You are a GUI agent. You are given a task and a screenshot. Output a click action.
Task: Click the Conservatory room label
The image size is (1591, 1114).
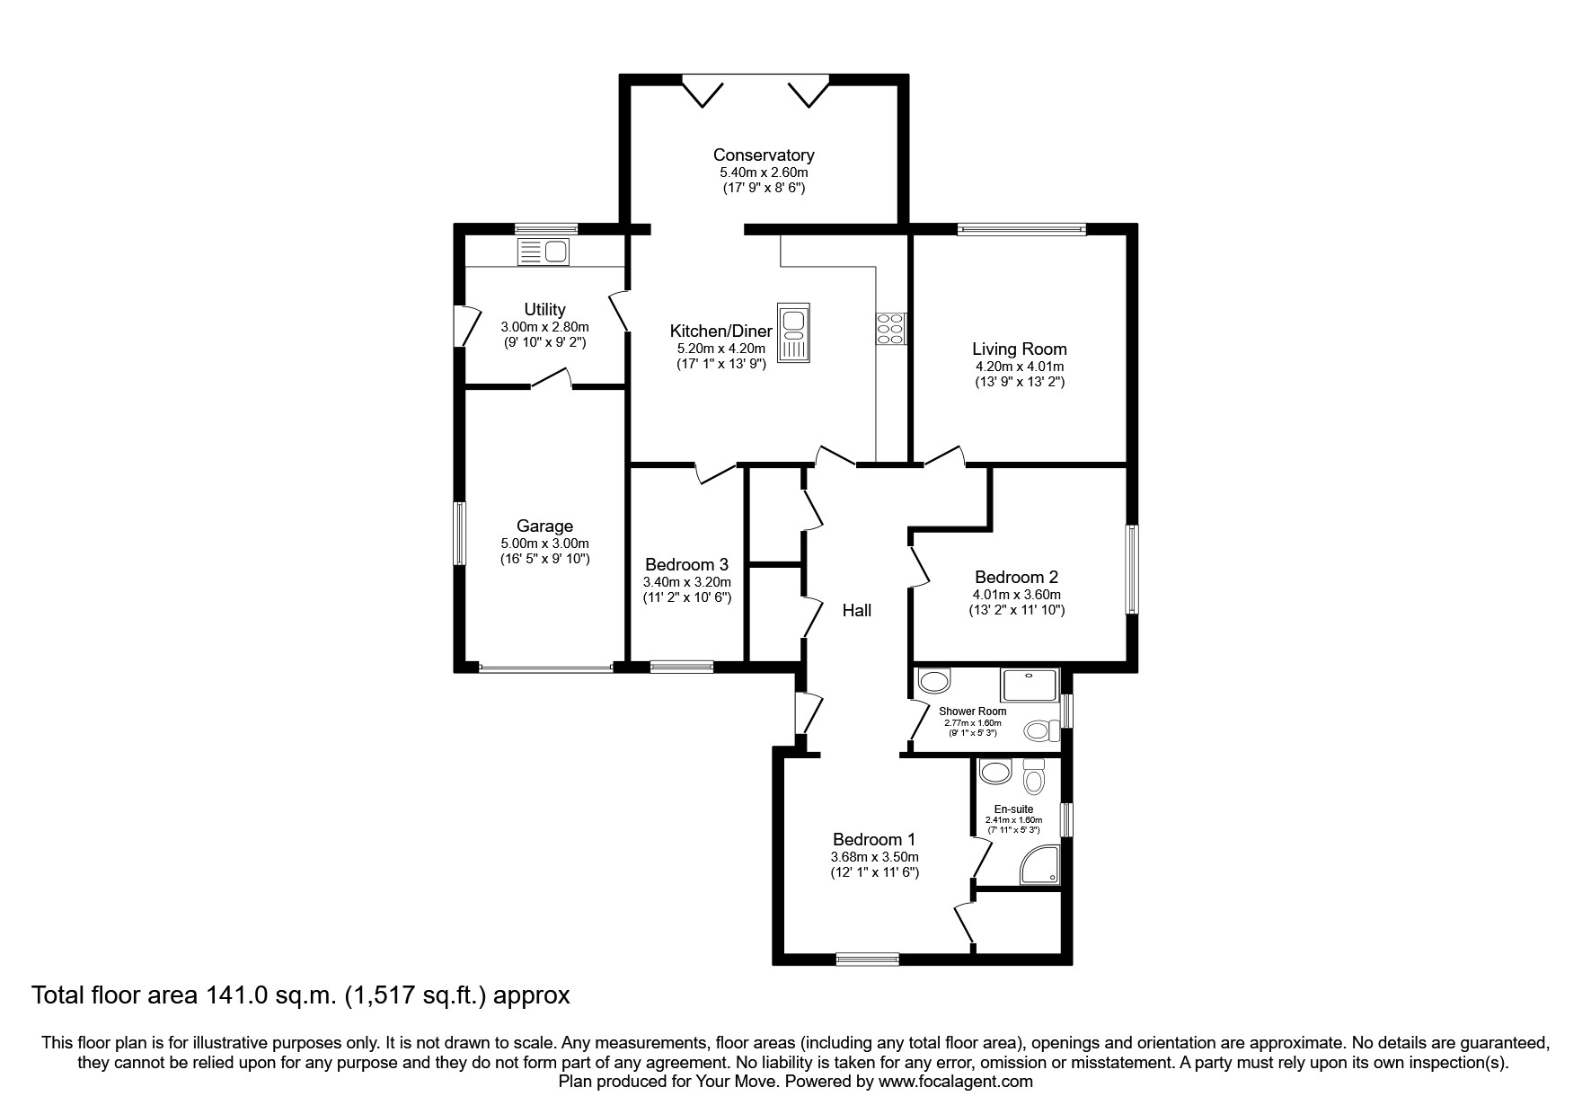point(764,155)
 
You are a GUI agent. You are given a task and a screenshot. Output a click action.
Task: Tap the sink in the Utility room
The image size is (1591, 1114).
point(544,252)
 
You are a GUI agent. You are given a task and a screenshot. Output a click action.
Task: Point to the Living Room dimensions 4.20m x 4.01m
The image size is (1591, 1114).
point(1020,367)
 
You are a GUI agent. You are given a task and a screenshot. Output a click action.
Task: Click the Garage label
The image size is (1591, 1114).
point(544,526)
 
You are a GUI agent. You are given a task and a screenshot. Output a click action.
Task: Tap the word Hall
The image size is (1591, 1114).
point(856,611)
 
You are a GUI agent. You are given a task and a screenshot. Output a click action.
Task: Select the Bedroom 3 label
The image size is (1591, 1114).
point(686,565)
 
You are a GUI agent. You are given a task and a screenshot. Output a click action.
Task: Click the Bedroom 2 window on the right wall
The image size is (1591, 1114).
point(1132,570)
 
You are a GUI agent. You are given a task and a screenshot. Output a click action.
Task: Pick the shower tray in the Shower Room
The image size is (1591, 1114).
point(1030,685)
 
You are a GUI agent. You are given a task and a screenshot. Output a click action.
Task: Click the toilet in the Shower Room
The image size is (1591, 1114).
point(1041,730)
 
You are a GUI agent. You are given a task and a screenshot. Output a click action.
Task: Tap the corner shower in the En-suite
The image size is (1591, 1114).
point(1040,865)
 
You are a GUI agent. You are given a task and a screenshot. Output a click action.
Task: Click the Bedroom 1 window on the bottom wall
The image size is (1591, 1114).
point(867,959)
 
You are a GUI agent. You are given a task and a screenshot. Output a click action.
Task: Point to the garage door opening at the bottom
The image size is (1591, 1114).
point(545,668)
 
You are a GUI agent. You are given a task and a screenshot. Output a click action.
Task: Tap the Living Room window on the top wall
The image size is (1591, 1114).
point(1021,229)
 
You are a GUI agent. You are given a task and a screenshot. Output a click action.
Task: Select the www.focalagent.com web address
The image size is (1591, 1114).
point(956,1082)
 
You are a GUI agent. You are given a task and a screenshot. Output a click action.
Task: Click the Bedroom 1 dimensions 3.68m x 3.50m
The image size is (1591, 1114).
point(875,857)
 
